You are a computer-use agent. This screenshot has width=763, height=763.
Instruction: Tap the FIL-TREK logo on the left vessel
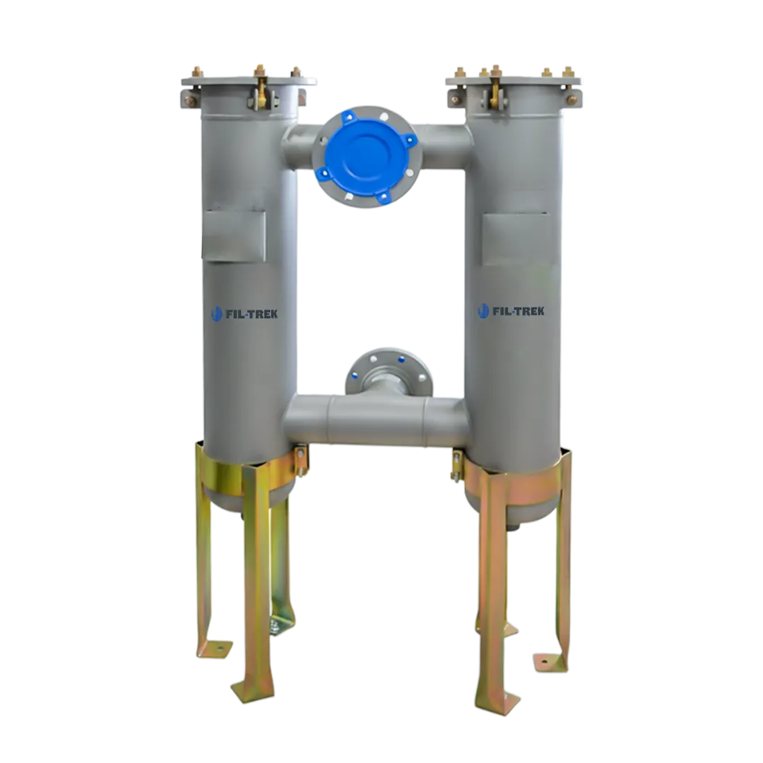coord(244,313)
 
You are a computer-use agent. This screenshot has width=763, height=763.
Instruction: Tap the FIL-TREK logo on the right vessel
coord(511,310)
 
